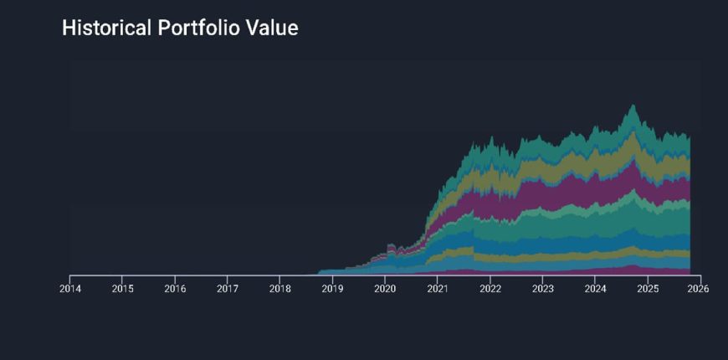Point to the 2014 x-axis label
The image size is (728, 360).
pos(70,289)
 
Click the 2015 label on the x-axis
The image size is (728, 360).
pos(122,289)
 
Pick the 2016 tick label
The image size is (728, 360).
pos(175,289)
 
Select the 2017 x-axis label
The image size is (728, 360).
pos(228,289)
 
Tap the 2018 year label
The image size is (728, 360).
pos(279,289)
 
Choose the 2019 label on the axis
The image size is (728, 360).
pos(332,289)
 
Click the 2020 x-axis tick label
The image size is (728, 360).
pos(385,289)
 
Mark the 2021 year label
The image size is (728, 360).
pos(437,289)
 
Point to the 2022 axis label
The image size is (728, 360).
pos(490,289)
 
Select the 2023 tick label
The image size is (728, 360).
pos(542,289)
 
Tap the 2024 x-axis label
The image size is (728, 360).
pos(595,289)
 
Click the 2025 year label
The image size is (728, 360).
pos(647,289)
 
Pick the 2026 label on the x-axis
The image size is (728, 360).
pos(699,289)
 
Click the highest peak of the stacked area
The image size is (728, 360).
pos(633,105)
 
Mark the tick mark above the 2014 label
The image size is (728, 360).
pos(70,277)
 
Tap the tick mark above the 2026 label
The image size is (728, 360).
pos(699,277)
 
